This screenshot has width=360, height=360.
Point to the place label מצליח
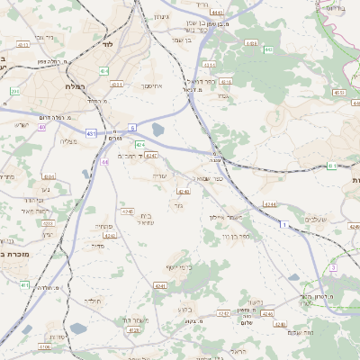pos(69,142)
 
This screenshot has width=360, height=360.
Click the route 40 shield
pos(42,127)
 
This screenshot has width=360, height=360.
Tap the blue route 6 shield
pos(132,127)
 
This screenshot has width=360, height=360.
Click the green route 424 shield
pos(139,144)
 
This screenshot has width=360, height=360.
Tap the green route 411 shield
pos(24,284)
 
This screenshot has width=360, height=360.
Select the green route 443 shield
pos(268,50)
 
